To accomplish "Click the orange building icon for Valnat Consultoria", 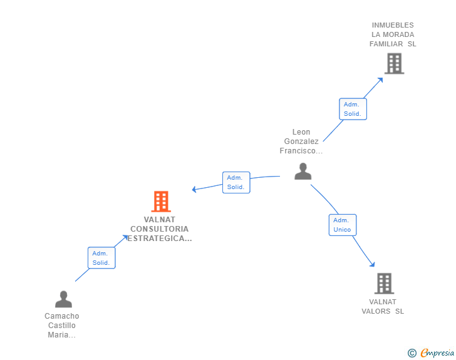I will [161, 202].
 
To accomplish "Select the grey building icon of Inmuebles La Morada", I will [394, 63].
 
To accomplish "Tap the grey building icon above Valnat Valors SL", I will [384, 284].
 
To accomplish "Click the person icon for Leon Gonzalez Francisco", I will [303, 171].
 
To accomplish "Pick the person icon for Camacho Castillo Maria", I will [63, 299].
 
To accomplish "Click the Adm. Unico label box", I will [342, 225].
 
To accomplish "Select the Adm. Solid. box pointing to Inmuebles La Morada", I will [353, 109].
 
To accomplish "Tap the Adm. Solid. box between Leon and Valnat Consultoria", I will [236, 182].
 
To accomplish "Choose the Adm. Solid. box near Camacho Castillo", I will [101, 258].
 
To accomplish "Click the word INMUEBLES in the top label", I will [393, 26].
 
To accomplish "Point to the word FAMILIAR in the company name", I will [386, 44].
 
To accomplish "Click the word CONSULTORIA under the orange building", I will [159, 229].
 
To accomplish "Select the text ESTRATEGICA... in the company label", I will [160, 239].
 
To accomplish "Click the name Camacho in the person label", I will [62, 316].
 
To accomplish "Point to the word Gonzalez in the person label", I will [301, 141].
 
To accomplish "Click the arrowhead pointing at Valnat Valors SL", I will [372, 264].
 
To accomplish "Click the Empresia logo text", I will [437, 353].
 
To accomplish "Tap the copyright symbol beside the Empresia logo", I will [412, 353].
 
